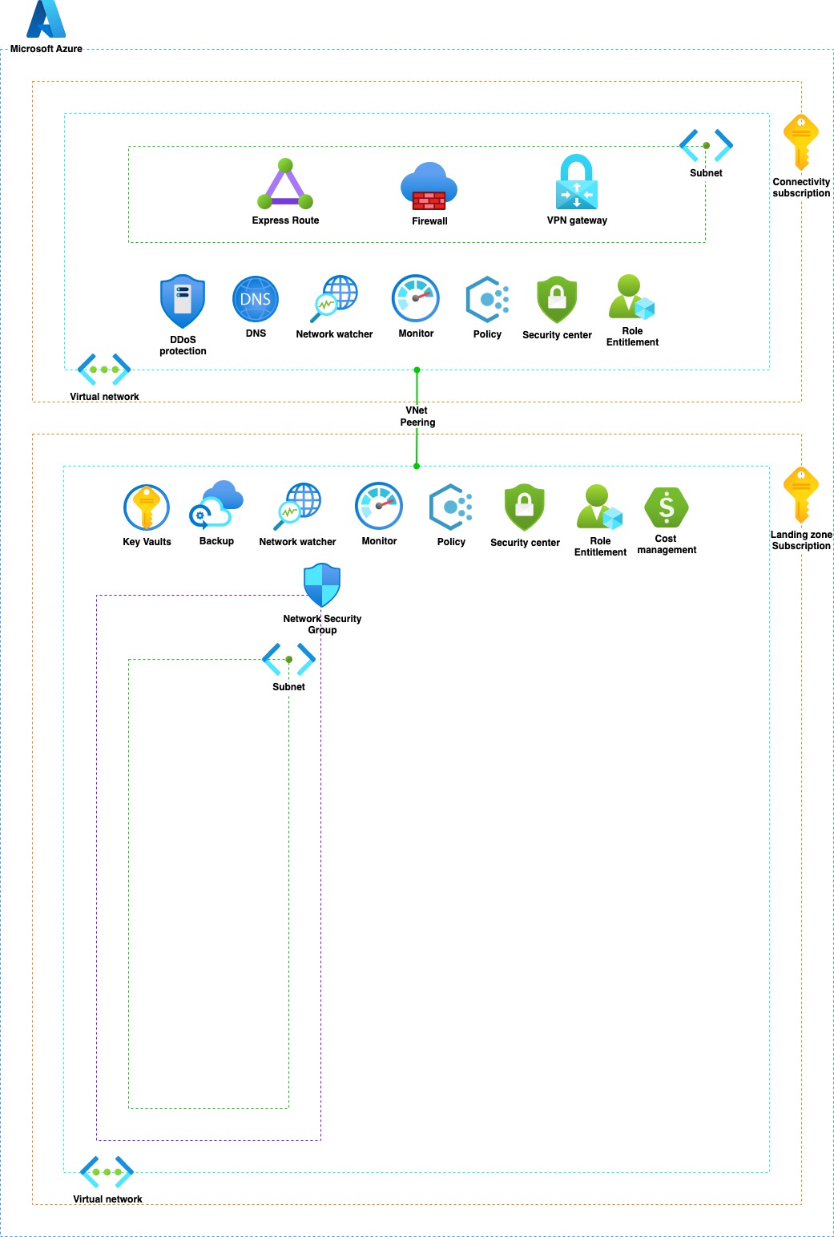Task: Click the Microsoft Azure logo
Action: [46, 19]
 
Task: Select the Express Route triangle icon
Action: [285, 185]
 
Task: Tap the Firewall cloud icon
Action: [429, 187]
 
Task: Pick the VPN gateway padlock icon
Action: [577, 183]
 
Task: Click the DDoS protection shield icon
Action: [183, 301]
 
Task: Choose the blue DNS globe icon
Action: [256, 299]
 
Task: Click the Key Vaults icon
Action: [147, 507]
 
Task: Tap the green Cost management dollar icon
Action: [667, 507]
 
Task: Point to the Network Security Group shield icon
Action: [322, 585]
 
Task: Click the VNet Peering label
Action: [417, 416]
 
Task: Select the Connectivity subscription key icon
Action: [801, 142]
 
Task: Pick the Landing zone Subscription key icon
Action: [801, 495]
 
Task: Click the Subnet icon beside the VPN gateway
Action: [706, 145]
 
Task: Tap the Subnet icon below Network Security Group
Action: [288, 660]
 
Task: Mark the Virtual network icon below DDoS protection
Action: [104, 370]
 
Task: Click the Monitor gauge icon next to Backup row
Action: [379, 506]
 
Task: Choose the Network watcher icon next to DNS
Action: [335, 299]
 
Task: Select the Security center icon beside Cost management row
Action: [525, 507]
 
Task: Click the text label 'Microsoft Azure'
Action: [46, 49]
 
